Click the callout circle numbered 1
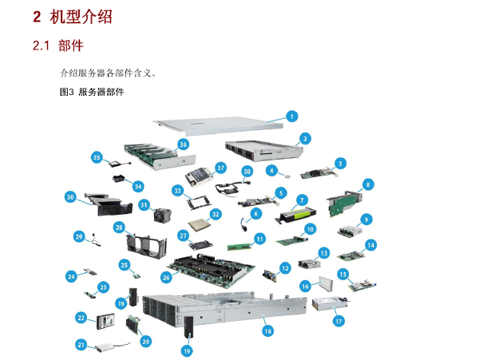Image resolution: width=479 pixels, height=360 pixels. [x=291, y=117]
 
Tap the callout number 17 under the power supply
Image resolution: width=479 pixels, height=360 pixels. [x=338, y=321]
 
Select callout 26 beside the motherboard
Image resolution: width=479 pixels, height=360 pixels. [x=166, y=277]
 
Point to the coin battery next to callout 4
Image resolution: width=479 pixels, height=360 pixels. [x=287, y=176]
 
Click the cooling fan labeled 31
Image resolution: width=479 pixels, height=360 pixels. [x=162, y=215]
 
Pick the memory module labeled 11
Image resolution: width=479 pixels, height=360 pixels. [x=239, y=247]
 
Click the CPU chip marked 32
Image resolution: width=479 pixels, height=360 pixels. [x=200, y=225]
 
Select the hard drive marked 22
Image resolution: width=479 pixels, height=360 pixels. [x=105, y=322]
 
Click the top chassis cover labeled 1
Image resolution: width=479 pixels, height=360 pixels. [x=219, y=126]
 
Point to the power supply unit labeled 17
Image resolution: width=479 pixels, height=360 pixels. [x=330, y=303]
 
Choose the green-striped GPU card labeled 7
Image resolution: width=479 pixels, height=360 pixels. [x=296, y=215]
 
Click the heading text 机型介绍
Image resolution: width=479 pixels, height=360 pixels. [x=81, y=17]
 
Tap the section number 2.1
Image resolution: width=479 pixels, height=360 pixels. [x=41, y=45]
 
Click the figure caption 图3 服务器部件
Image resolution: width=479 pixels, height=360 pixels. [x=92, y=92]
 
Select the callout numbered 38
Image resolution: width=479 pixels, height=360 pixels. [x=247, y=172]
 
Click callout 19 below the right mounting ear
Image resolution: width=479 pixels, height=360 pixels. [x=187, y=351]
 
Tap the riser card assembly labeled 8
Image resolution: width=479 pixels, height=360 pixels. [x=344, y=203]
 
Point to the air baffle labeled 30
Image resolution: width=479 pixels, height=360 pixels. [x=109, y=204]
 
